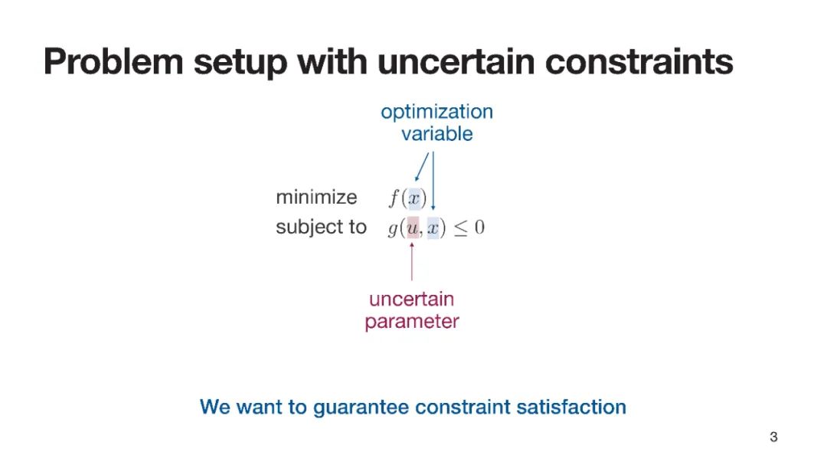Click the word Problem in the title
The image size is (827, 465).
[113, 61]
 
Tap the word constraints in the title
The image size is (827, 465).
[639, 61]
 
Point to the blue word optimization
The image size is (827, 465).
[436, 113]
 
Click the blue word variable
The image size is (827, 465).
[436, 133]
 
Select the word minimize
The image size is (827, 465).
[316, 197]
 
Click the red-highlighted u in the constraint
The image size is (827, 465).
[413, 228]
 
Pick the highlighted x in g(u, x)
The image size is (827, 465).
[433, 228]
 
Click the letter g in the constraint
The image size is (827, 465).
[393, 229]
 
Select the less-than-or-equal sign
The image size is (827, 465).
[460, 228]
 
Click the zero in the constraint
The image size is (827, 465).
[479, 228]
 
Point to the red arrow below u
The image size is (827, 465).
[411, 261]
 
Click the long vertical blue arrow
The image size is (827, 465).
[433, 181]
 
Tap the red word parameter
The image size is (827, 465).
[412, 322]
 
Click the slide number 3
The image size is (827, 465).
[773, 437]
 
